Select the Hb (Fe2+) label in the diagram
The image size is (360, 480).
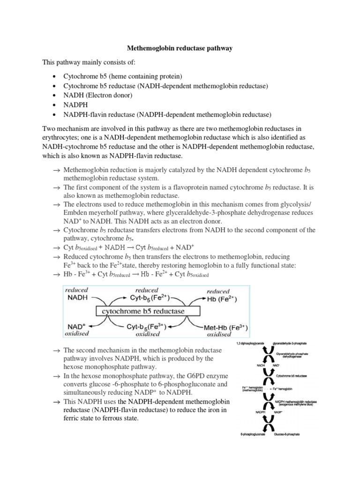click(225, 299)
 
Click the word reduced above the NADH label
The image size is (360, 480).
click(77, 290)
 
